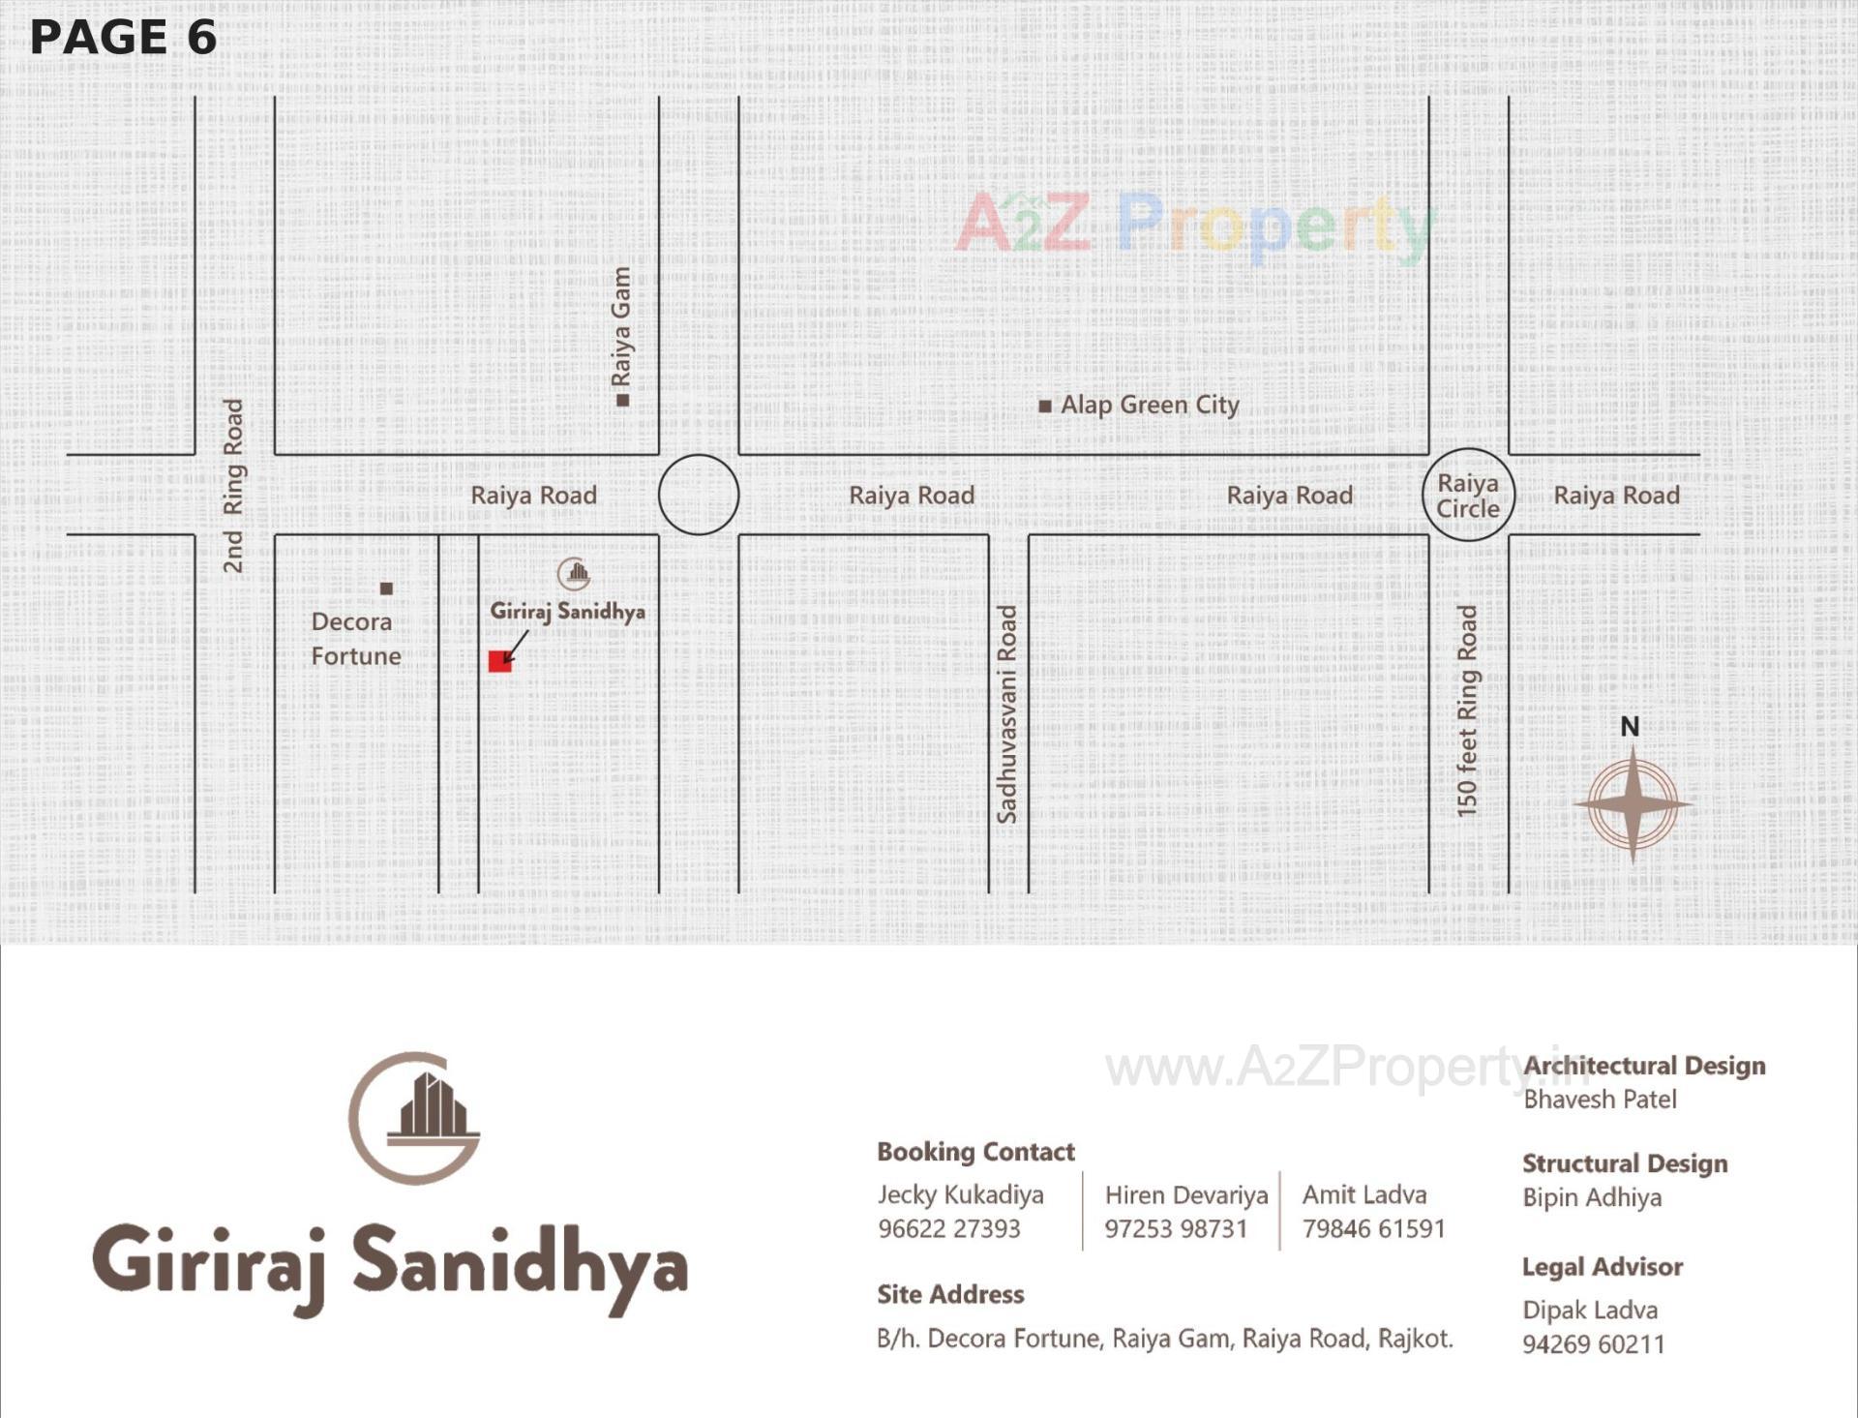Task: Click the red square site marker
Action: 499,661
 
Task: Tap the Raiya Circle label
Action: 1468,496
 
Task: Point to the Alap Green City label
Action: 1149,405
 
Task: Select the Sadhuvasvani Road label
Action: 1007,714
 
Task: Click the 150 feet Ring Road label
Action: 1467,710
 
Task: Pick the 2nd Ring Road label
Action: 233,485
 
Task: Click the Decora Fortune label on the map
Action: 355,639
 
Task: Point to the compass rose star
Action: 1633,804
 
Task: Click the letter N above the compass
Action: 1630,727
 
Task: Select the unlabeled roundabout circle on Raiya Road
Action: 699,495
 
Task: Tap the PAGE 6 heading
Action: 123,38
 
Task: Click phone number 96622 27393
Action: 948,1228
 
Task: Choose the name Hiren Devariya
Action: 1185,1195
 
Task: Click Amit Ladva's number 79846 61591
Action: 1373,1228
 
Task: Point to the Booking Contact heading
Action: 975,1152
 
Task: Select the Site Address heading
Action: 950,1294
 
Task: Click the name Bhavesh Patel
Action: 1599,1100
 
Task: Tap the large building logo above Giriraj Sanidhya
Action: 415,1118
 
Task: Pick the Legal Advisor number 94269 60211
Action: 1593,1344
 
